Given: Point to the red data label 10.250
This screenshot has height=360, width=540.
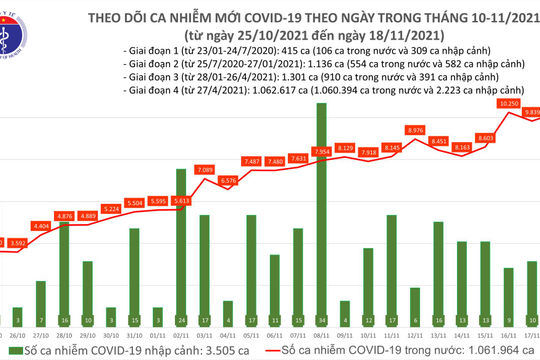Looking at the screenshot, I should [509, 103].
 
